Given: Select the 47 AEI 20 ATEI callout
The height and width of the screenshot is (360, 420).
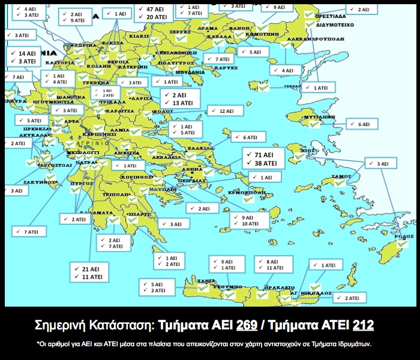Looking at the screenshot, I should (x=158, y=13).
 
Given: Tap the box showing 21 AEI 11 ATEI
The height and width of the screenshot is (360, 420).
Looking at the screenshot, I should (x=91, y=273).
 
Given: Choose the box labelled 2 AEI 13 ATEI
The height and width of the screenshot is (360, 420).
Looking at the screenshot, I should (x=181, y=99).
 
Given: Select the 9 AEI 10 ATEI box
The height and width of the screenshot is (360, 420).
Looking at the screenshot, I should (x=252, y=220).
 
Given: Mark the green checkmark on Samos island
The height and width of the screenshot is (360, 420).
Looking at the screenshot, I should (x=340, y=182).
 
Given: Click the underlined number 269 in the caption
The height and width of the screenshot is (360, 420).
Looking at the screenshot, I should (x=247, y=325).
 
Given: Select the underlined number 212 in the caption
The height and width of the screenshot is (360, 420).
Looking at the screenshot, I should (x=363, y=325).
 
